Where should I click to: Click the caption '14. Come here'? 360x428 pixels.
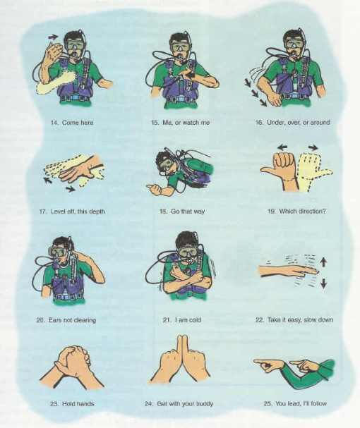pyautogui.click(x=72, y=123)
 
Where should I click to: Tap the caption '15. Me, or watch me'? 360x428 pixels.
pyautogui.click(x=181, y=123)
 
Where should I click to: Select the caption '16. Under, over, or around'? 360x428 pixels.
pyautogui.click(x=292, y=122)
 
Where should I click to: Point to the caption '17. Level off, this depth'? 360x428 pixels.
pyautogui.click(x=72, y=212)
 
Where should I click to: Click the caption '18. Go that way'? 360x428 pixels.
pyautogui.click(x=182, y=212)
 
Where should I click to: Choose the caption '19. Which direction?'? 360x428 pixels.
pyautogui.click(x=297, y=211)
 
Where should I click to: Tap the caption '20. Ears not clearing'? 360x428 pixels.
pyautogui.click(x=66, y=319)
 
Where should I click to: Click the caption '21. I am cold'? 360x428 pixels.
pyautogui.click(x=182, y=319)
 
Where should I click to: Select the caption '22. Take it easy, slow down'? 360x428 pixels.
pyautogui.click(x=294, y=319)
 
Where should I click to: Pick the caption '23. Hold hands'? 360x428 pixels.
pyautogui.click(x=72, y=404)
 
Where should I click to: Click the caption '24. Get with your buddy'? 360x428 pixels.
pyautogui.click(x=179, y=403)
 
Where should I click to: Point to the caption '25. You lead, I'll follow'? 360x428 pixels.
pyautogui.click(x=295, y=403)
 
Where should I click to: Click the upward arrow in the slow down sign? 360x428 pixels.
pyautogui.click(x=323, y=262)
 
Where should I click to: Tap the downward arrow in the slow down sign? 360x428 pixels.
pyautogui.click(x=323, y=283)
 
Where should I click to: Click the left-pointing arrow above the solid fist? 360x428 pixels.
pyautogui.click(x=282, y=147)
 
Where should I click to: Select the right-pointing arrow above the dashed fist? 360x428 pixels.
pyautogui.click(x=313, y=147)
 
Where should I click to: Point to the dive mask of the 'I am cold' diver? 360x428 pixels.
pyautogui.click(x=187, y=252)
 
